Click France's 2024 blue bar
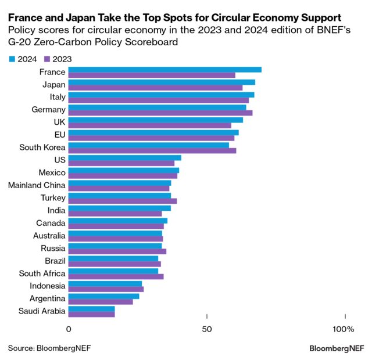click(165, 70)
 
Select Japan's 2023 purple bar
click(155, 88)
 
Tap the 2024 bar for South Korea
click(149, 145)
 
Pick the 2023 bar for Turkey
click(123, 201)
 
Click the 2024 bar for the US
click(125, 158)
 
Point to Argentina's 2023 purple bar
click(101, 302)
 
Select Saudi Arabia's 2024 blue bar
click(92, 309)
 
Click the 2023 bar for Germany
click(160, 113)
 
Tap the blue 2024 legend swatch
click(13, 59)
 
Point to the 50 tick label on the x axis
click(208, 330)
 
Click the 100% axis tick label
click(343, 330)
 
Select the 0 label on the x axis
click(69, 330)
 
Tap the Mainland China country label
click(37, 186)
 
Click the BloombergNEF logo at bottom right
click(337, 348)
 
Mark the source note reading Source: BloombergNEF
click(49, 348)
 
